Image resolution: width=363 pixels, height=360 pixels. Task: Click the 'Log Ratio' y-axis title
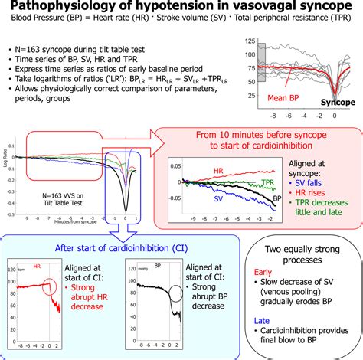(8, 162)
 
